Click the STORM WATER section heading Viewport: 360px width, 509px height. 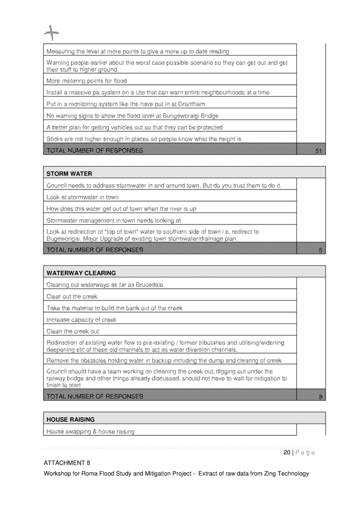pos(69,174)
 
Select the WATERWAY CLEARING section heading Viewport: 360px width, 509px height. pos(81,273)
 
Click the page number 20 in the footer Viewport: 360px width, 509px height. pos(287,452)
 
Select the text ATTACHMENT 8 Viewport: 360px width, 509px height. pos(67,463)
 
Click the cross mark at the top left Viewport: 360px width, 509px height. pos(52,34)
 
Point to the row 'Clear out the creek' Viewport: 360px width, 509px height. pos(72,297)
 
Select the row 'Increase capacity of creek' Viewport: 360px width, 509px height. pos(82,320)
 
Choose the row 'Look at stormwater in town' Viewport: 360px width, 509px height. pos(83,197)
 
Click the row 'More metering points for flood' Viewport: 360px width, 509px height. pos(86,81)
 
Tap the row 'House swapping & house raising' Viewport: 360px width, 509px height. pos(90,431)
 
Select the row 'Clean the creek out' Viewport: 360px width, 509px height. pos(73,331)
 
